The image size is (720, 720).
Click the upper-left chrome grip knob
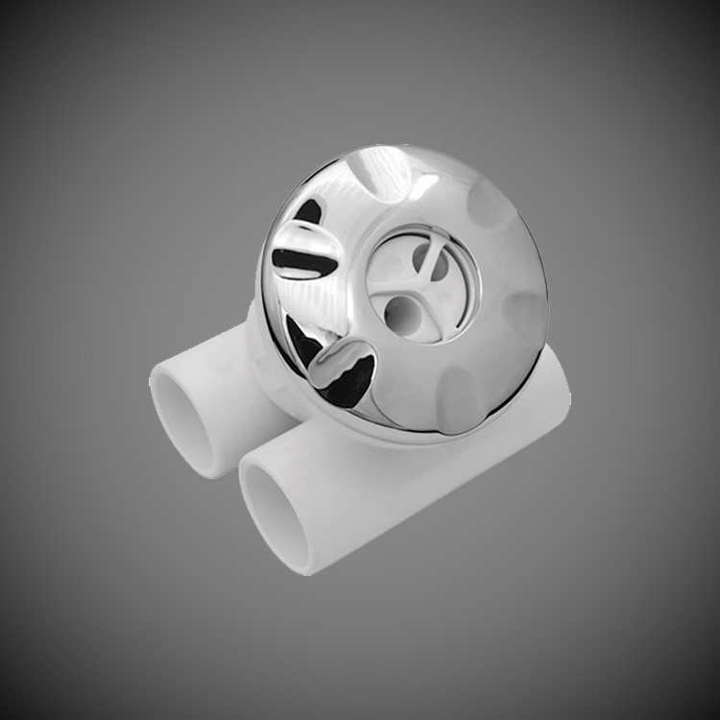[305, 252]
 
